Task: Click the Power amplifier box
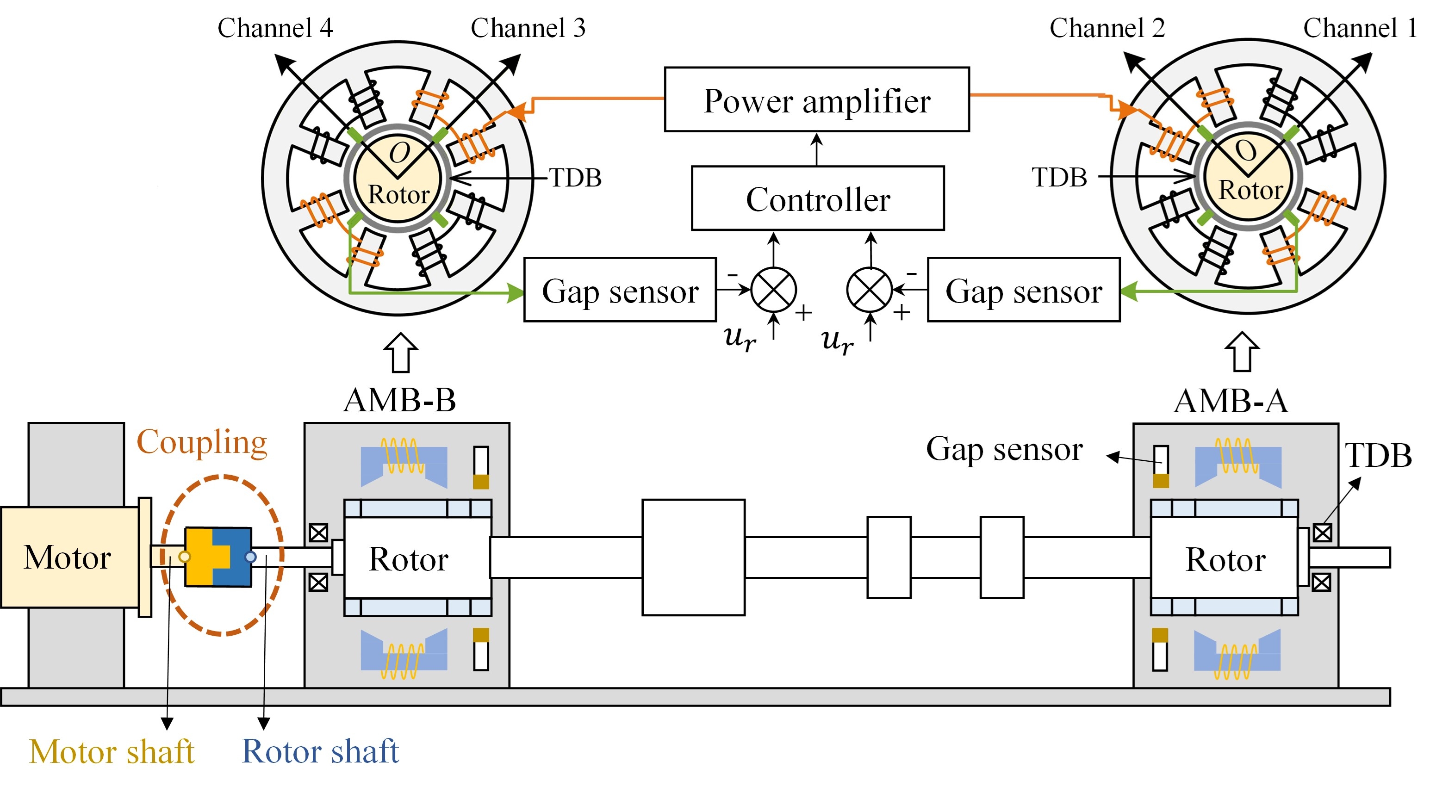817,100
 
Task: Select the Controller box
817,198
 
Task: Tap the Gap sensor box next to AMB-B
620,290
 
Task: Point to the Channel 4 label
275,28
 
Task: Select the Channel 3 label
528,28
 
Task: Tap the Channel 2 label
1107,28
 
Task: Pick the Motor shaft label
112,752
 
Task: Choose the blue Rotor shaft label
320,752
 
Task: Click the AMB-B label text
400,400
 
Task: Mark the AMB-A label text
1231,401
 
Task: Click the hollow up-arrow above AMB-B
400,353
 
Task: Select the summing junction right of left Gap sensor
773,290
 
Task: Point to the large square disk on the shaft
693,557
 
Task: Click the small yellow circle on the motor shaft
184,557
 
